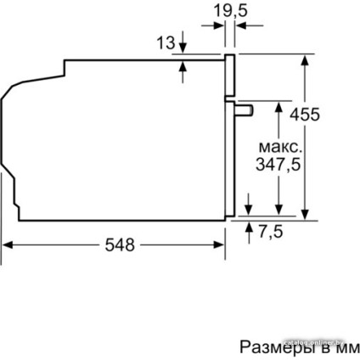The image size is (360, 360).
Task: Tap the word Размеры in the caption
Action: pos(267,347)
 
